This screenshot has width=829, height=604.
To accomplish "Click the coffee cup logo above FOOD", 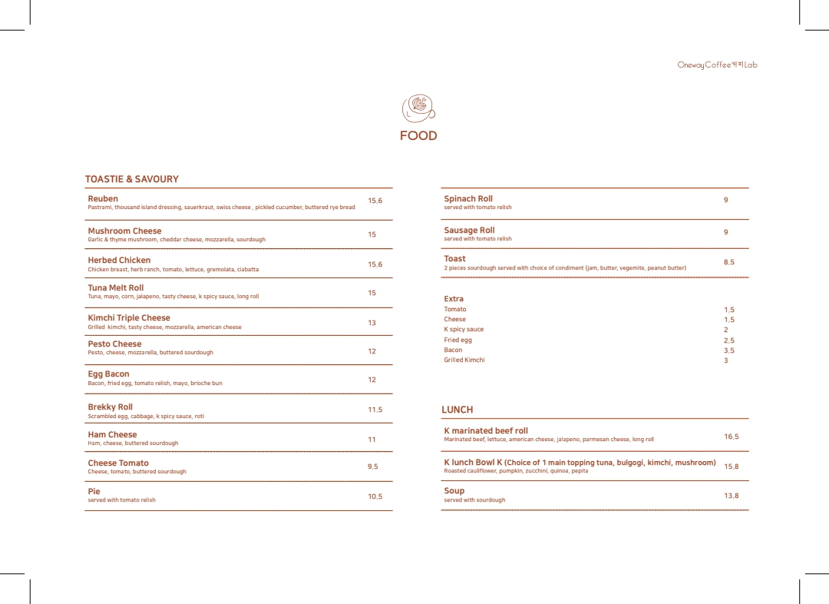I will click(418, 108).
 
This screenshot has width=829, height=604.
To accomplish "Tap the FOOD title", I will click(418, 136).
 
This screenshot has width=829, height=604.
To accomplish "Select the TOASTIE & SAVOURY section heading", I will click(131, 179).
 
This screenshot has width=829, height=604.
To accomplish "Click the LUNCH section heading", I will click(457, 410).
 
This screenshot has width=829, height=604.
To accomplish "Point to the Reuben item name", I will click(103, 198).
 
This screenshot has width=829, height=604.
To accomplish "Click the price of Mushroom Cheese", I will click(372, 234).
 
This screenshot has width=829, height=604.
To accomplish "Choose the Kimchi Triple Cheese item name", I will click(129, 317).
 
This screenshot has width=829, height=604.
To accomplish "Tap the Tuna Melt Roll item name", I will click(115, 287).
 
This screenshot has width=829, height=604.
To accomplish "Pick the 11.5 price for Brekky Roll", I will click(375, 410).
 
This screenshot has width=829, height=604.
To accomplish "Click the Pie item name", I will click(94, 491).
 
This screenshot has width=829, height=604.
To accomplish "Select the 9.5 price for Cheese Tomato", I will click(372, 466).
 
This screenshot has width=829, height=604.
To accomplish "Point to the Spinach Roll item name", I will click(468, 198).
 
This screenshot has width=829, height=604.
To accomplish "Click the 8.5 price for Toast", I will click(728, 262).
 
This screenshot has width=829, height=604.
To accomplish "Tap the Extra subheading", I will click(454, 299).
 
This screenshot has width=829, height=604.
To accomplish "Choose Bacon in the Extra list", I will click(453, 350).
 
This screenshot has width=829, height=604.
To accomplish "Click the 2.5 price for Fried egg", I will click(728, 340).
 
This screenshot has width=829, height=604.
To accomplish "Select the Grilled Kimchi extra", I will click(464, 360).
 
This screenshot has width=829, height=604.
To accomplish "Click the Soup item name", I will click(454, 490).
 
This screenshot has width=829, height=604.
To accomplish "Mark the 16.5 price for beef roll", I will click(731, 436).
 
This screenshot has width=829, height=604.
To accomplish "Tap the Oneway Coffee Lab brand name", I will click(717, 65).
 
